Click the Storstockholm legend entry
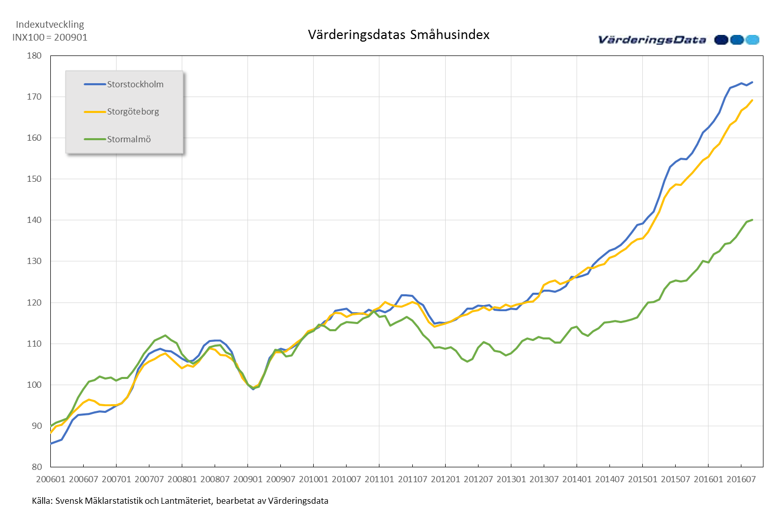click(x=135, y=84)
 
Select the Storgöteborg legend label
click(x=133, y=111)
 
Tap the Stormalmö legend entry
click(x=129, y=139)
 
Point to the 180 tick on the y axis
click(x=34, y=55)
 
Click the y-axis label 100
click(x=34, y=385)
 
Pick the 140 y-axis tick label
click(x=34, y=220)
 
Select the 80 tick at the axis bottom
click(x=36, y=467)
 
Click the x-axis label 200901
click(x=248, y=479)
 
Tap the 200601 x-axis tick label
click(x=51, y=479)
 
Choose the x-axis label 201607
click(x=741, y=479)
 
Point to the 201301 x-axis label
click(x=511, y=479)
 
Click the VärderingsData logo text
click(x=653, y=40)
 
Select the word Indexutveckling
click(x=50, y=24)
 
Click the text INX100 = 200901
click(x=50, y=37)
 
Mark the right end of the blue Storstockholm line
click(x=752, y=82)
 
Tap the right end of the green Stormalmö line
click(x=752, y=220)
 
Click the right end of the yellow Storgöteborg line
click(x=752, y=101)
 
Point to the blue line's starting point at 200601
click(x=51, y=443)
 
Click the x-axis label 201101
click(x=379, y=479)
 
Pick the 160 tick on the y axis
click(x=34, y=138)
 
